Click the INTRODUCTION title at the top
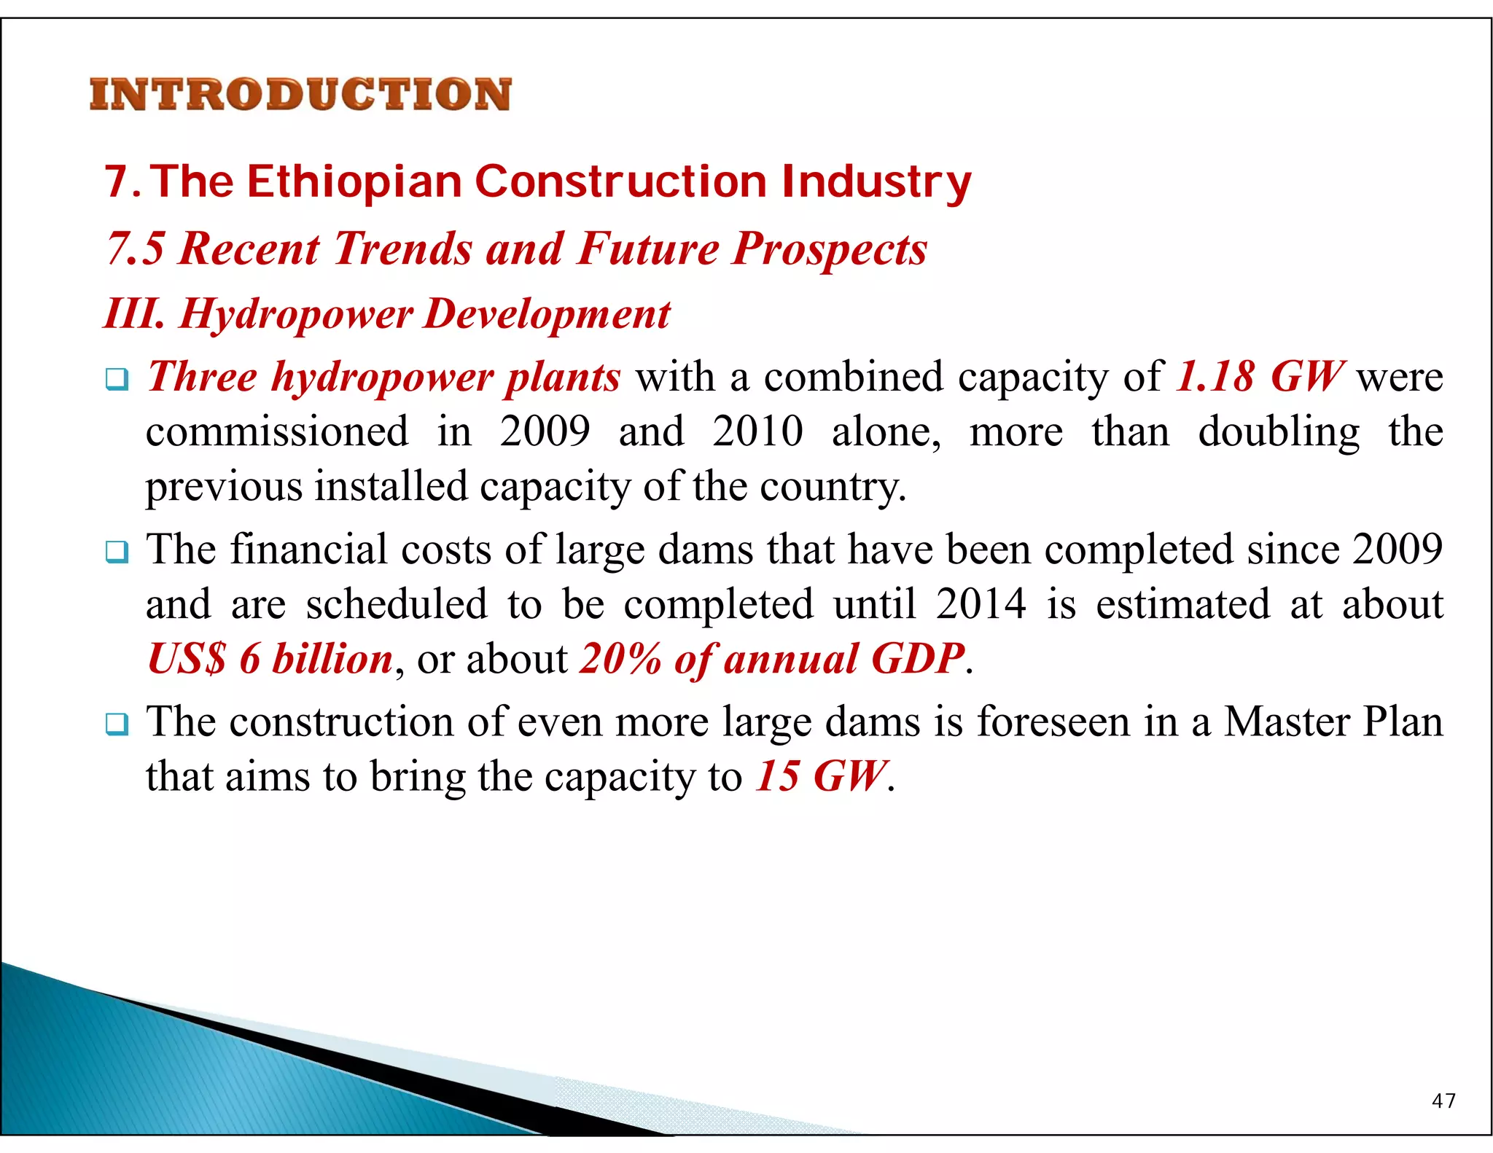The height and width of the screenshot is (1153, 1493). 300,95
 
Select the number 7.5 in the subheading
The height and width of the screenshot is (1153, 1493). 136,249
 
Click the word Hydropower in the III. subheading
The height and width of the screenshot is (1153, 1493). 296,315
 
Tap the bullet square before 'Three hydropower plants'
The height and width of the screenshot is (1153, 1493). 117,379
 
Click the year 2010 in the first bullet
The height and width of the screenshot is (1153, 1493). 757,431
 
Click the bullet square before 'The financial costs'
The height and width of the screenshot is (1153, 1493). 117,552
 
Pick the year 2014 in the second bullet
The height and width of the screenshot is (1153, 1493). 981,604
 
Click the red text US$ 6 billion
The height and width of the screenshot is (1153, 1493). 270,659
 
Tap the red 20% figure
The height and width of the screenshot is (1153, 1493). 620,659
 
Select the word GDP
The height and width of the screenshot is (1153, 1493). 917,659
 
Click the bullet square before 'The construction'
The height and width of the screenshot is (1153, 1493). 117,724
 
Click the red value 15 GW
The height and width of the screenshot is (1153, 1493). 821,776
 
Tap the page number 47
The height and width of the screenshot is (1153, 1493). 1443,1101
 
